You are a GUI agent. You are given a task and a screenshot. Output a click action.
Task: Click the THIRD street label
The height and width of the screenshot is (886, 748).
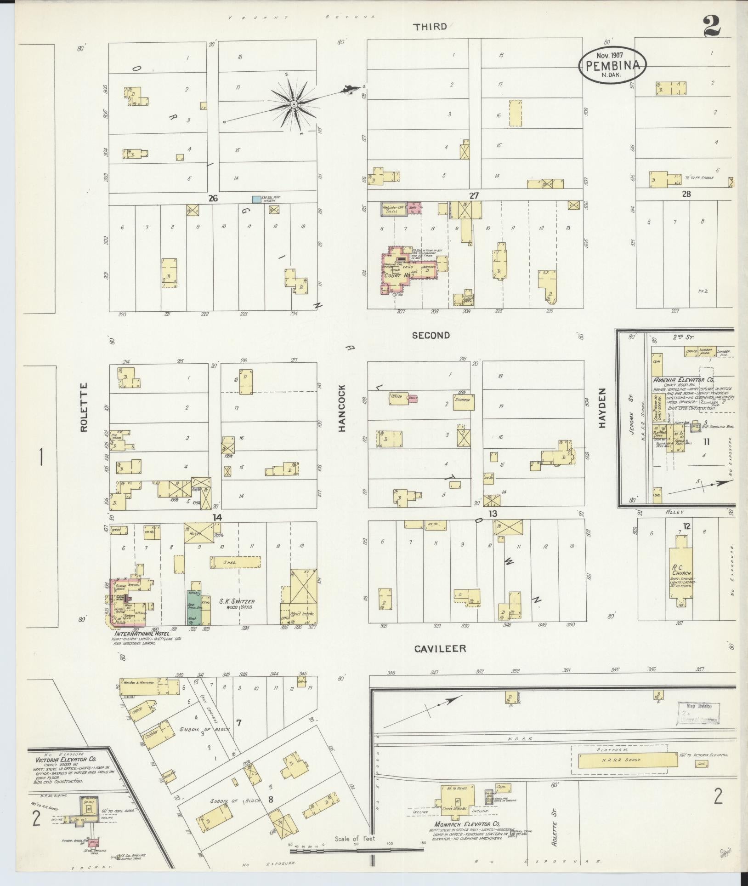pyautogui.click(x=430, y=27)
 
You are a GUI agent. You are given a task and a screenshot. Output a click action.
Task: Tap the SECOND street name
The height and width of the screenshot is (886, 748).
pyautogui.click(x=431, y=336)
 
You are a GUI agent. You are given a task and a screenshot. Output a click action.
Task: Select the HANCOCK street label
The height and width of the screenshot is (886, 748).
pyautogui.click(x=342, y=408)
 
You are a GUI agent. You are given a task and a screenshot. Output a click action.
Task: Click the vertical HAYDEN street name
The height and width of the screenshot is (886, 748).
pyautogui.click(x=602, y=408)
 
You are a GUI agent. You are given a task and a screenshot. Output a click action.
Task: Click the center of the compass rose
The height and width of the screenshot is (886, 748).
pyautogui.click(x=293, y=105)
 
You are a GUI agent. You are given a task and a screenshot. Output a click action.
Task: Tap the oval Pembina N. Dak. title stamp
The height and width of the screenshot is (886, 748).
pyautogui.click(x=612, y=65)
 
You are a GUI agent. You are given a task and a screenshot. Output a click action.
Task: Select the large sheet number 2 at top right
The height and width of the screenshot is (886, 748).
pyautogui.click(x=711, y=26)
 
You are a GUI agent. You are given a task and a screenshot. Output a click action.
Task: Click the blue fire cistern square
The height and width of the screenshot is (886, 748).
pyautogui.click(x=256, y=200)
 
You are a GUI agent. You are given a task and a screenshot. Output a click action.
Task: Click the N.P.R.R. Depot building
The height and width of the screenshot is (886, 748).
pyautogui.click(x=628, y=760)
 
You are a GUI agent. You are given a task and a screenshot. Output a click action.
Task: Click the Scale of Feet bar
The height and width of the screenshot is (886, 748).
pyautogui.click(x=356, y=851)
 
